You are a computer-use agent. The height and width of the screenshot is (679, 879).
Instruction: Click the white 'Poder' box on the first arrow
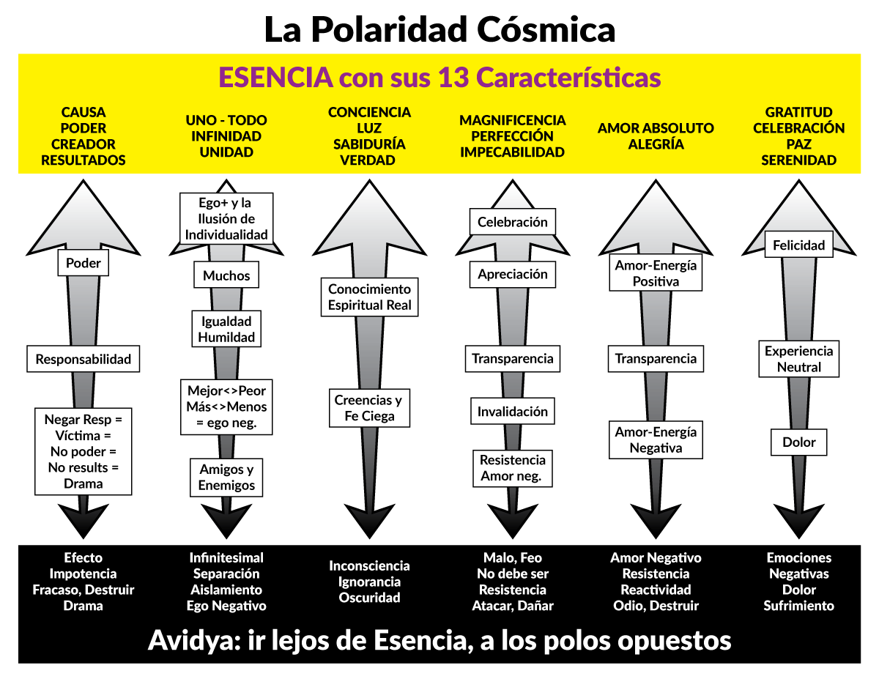point(83,263)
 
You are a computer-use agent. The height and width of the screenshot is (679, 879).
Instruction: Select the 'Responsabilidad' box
point(83,359)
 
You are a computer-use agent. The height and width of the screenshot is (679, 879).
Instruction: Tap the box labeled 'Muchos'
point(226,275)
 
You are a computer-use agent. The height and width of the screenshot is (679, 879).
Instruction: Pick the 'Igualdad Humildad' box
point(226,329)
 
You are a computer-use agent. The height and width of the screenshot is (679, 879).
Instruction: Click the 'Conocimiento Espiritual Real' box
point(369,297)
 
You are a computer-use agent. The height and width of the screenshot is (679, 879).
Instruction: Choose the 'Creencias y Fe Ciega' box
point(369,408)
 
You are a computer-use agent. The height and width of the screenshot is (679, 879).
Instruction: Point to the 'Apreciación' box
point(513,274)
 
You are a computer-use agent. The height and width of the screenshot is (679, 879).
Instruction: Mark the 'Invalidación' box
point(513,412)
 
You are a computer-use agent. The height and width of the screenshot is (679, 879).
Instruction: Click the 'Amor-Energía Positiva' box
point(656,272)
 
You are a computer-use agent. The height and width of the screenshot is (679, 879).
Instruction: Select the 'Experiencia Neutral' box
point(799,359)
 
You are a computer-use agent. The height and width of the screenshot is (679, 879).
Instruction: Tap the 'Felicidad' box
point(799,244)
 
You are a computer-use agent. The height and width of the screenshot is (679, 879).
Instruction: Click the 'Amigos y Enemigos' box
point(226,477)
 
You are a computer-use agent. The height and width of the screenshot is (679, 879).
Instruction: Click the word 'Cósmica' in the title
point(546,29)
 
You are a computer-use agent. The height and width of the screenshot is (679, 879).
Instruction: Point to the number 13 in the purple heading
point(453,77)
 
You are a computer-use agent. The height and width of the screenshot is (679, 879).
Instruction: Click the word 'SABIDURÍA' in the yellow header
point(369,144)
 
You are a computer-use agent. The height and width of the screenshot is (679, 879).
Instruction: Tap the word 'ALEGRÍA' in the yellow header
point(656,144)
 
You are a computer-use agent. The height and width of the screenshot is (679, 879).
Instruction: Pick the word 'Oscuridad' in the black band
point(369,597)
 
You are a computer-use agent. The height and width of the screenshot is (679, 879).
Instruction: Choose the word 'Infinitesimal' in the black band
point(226,557)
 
